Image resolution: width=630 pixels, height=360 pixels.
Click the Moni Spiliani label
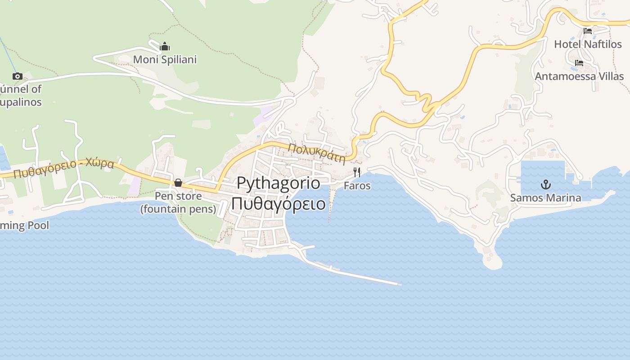click(165, 59)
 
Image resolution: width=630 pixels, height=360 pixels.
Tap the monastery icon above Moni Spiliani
click(165, 46)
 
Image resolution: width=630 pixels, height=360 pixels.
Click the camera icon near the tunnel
click(18, 76)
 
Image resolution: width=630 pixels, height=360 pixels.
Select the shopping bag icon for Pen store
click(178, 183)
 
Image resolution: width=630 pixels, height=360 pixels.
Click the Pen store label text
click(178, 197)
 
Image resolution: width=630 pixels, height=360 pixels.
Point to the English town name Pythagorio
click(278, 183)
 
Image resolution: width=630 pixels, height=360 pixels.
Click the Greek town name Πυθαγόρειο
click(278, 203)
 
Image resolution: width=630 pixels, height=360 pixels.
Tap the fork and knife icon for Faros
click(357, 172)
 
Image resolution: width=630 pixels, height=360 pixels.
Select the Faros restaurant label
click(357, 185)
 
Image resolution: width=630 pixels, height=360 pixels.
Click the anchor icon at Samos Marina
click(545, 184)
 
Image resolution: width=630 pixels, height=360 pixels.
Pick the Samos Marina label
click(545, 198)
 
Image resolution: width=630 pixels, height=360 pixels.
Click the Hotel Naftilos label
click(588, 44)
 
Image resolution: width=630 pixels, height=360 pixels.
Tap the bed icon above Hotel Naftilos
click(588, 31)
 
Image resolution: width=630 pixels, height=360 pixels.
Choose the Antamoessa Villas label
click(579, 76)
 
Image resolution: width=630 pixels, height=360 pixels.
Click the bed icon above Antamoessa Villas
click(579, 63)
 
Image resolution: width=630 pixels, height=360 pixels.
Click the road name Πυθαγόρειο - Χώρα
click(63, 168)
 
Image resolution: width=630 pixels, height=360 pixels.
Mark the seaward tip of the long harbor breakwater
click(399, 284)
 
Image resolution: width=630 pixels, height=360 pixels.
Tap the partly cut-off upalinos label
click(21, 102)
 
